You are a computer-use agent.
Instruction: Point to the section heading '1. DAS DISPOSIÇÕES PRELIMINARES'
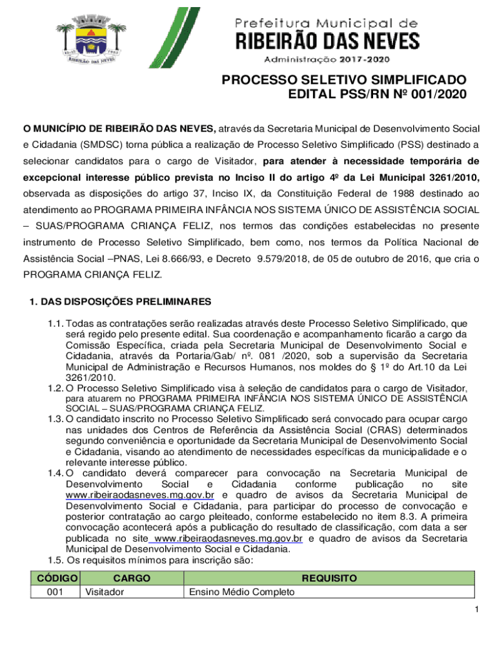[x=116, y=302]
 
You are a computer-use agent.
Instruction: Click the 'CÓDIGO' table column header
[x=58, y=578]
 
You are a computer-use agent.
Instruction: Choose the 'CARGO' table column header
[x=131, y=578]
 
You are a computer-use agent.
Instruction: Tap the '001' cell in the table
[x=55, y=592]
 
